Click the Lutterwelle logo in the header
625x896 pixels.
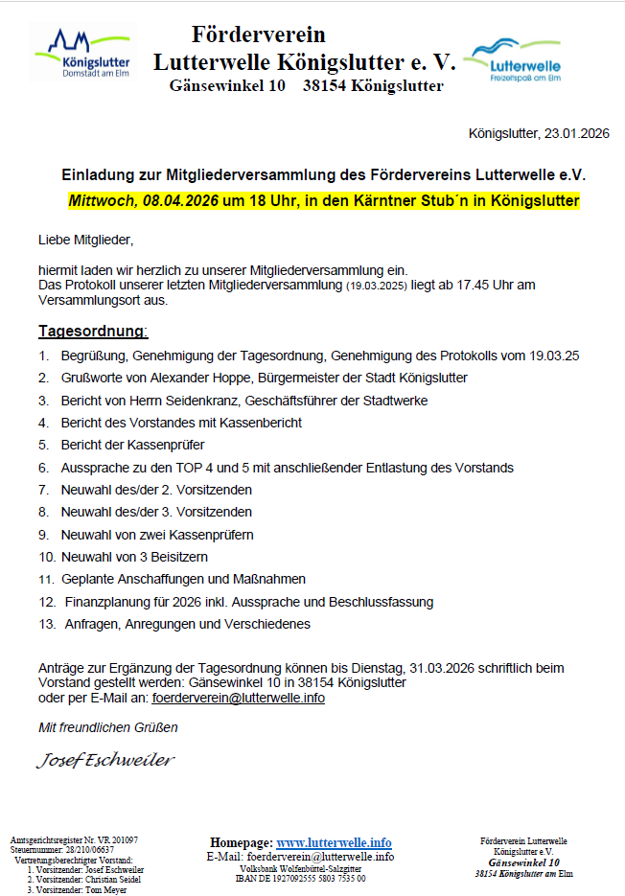click(512, 59)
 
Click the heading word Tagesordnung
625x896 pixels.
click(92, 332)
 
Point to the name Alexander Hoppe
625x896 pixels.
click(179, 378)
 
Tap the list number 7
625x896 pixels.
click(43, 490)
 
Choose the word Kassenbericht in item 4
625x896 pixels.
click(259, 423)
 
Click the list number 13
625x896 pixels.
click(46, 624)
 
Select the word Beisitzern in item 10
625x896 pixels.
click(176, 557)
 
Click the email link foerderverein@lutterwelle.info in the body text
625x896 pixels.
click(238, 698)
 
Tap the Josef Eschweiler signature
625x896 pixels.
click(105, 761)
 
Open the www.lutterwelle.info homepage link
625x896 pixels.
click(334, 842)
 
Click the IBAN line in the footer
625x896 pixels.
click(301, 878)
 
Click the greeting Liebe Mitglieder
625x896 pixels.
click(85, 239)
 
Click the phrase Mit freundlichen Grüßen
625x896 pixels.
click(107, 727)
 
